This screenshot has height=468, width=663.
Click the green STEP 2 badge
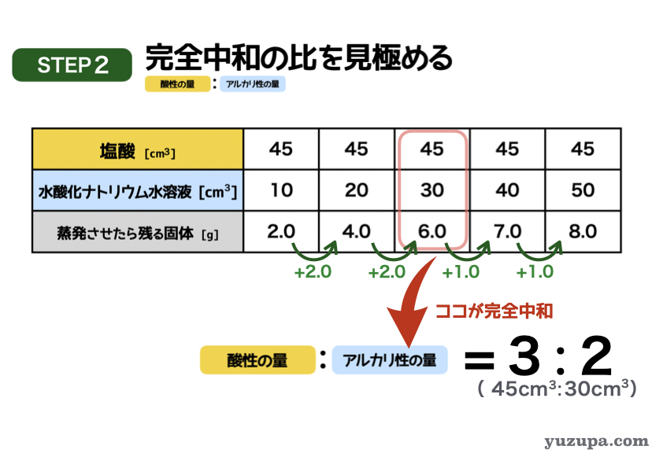72,65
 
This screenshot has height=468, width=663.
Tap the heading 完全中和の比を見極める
299,57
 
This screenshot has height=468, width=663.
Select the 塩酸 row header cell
138,149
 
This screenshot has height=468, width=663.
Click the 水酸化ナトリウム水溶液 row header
138,190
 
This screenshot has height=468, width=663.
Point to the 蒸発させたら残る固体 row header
138,232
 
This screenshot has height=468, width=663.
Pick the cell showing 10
281,190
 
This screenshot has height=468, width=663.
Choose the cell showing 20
357,190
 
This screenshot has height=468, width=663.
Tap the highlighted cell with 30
432,190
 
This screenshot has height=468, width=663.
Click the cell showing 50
583,190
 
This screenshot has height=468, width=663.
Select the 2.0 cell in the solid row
281,231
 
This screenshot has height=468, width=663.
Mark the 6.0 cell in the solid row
432,231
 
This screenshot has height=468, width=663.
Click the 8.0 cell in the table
583,231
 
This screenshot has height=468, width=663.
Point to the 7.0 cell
507,231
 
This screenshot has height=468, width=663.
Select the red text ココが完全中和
494,311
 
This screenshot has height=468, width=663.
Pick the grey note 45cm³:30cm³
557,389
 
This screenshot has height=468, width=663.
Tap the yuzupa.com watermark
596,442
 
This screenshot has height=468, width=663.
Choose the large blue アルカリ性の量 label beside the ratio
390,360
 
